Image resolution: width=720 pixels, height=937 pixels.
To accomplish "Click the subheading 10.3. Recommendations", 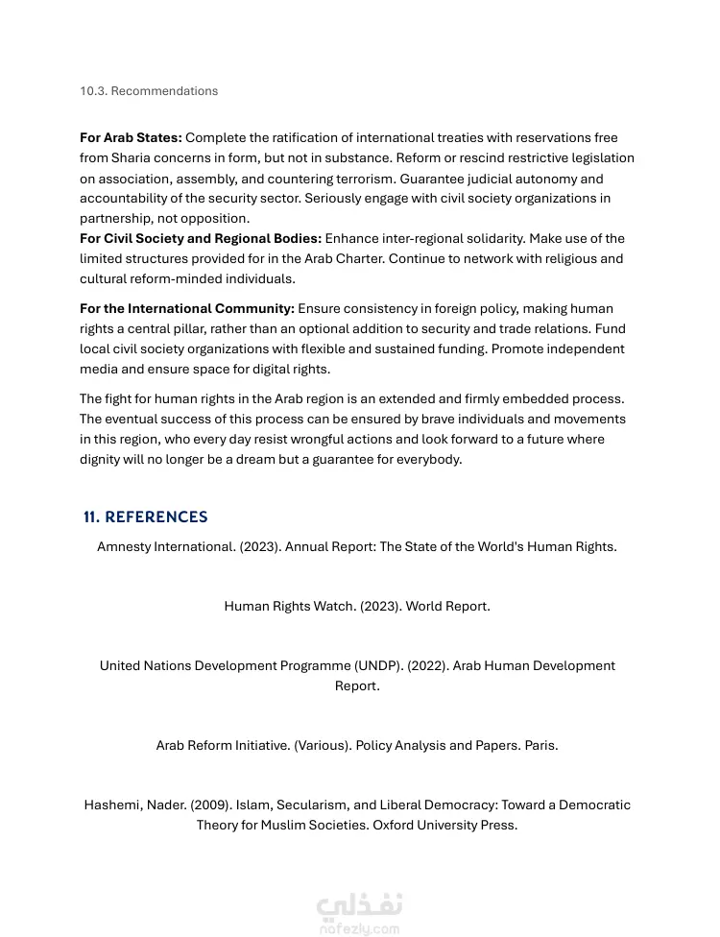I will pos(149,91).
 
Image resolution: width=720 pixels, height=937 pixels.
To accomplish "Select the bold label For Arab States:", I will pos(131,138).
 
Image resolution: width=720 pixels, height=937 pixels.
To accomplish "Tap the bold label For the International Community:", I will pos(187,309).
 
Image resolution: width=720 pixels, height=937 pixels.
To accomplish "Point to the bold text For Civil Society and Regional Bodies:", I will pos(201,238).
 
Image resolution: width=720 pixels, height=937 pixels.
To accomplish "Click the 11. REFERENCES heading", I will pos(146,517).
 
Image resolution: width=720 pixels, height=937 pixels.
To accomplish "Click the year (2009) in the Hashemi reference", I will pos(210,805).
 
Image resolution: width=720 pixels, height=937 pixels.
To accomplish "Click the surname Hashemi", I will pos(112,805).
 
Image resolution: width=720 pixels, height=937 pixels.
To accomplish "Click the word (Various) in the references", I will pos(322,746).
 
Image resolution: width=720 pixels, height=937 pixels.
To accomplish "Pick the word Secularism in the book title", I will pos(308,805).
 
